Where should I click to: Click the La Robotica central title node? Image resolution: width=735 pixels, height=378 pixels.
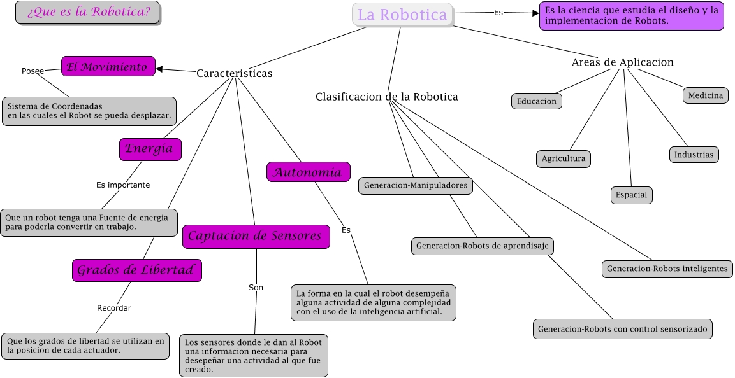(402, 15)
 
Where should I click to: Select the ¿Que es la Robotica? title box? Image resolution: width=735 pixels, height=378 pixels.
(88, 12)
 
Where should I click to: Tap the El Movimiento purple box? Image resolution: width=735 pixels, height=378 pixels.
(108, 66)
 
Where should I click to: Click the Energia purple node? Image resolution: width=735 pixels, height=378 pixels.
(150, 149)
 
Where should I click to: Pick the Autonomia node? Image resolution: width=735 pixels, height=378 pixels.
(308, 172)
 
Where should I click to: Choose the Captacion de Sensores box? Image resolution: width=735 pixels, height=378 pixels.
(256, 236)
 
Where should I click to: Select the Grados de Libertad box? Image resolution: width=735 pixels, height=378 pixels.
(136, 270)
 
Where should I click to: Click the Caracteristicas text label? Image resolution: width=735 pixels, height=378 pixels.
(234, 73)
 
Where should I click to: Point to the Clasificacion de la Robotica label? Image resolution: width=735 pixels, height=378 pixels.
(386, 97)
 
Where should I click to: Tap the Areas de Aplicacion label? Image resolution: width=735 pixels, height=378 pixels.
(622, 62)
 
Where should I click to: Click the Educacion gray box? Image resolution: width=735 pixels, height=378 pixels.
(536, 101)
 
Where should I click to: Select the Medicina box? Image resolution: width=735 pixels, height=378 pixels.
(705, 95)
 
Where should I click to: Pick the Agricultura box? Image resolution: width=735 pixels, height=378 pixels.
(564, 158)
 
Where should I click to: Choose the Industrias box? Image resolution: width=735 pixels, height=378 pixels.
(694, 155)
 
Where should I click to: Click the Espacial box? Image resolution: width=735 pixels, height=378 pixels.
(631, 195)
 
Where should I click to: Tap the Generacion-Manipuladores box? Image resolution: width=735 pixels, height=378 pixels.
(416, 186)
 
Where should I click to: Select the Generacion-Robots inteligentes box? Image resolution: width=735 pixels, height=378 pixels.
(667, 269)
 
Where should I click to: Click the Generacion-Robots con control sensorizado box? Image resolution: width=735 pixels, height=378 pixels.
(622, 330)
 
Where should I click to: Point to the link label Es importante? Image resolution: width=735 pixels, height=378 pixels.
(123, 185)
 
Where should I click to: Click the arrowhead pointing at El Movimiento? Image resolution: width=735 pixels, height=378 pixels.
(159, 69)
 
